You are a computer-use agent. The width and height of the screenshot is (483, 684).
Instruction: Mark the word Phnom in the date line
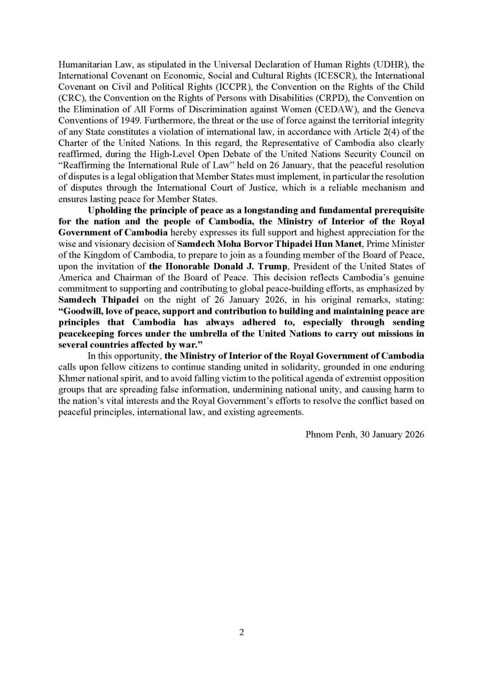317,434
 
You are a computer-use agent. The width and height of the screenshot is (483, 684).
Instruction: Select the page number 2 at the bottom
241,633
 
